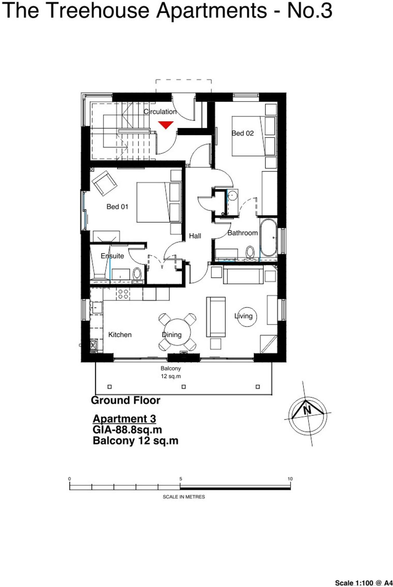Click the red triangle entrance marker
[x=166, y=125]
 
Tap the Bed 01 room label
[x=117, y=207]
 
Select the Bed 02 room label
[x=243, y=133]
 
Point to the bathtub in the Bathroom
[x=268, y=238]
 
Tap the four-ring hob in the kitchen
[x=123, y=294]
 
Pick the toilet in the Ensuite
[x=137, y=274]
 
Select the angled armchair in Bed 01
[x=104, y=183]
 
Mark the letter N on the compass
[x=307, y=410]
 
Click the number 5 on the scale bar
[x=181, y=479]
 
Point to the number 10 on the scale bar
[x=290, y=479]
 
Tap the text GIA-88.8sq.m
[x=127, y=430]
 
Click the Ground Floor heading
[x=125, y=400]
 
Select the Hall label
[x=195, y=236]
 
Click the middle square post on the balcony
[x=184, y=387]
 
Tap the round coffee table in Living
[x=246, y=317]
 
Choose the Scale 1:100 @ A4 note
[x=363, y=583]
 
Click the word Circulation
[x=160, y=112]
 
